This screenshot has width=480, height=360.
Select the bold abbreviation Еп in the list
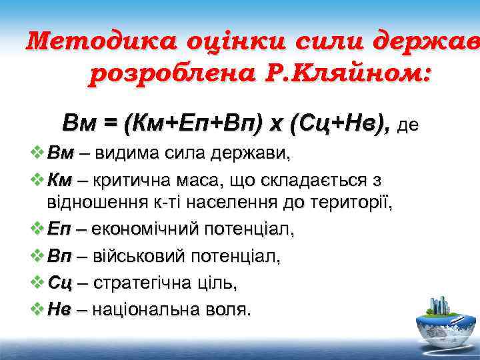pyautogui.click(x=60, y=229)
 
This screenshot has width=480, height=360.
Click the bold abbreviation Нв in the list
pyautogui.click(x=60, y=309)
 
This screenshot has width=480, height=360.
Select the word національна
pyautogui.click(x=143, y=309)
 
